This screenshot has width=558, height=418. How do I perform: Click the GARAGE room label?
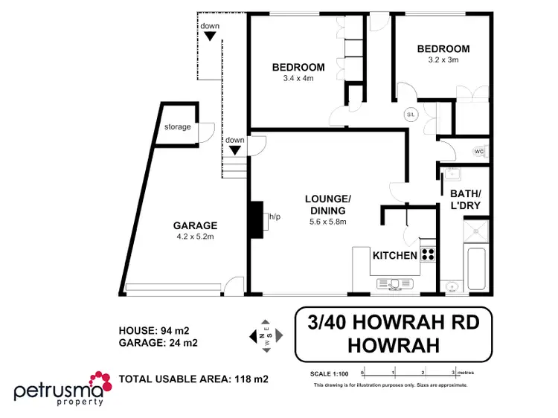coord(195,225)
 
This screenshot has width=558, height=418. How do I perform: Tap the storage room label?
coord(177,127)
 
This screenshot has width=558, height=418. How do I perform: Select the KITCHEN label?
coord(394,256)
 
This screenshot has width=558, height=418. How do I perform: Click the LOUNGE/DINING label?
coord(327,205)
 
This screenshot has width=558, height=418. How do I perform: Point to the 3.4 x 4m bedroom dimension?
coord(298,78)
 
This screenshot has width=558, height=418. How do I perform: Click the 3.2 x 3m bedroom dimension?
coord(444,61)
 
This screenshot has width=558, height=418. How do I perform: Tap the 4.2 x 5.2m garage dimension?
coord(195,237)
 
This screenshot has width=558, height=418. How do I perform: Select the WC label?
coord(480,152)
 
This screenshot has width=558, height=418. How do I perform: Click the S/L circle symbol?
coord(411,115)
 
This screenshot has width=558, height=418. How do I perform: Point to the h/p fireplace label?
coord(275,217)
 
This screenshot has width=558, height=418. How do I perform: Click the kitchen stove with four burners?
coord(428,254)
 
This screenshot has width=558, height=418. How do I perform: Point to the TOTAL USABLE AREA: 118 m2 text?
coord(193,379)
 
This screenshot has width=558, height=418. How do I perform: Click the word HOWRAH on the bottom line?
coord(394,346)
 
